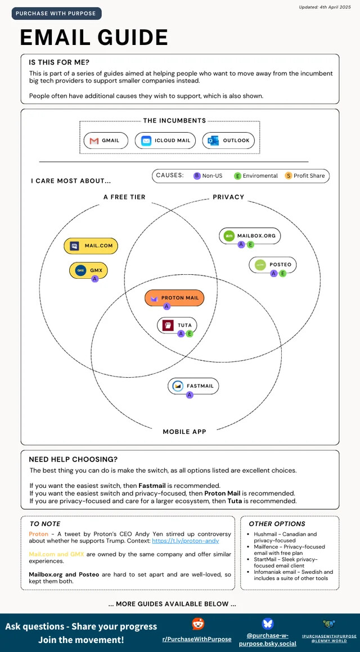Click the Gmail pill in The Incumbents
[x=106, y=141]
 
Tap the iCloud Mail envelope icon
[x=146, y=141]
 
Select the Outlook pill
[x=228, y=141]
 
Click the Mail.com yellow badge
[x=91, y=246]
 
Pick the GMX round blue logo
[x=80, y=270]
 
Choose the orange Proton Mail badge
[x=174, y=298]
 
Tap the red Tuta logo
[x=167, y=325]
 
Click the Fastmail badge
[x=193, y=386]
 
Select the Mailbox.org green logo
[x=229, y=236]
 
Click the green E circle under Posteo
[x=282, y=273]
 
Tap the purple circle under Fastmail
[x=190, y=395]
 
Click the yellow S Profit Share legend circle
[x=288, y=176]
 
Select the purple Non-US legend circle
[x=197, y=176]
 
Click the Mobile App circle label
[x=184, y=432]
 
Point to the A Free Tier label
[x=124, y=197]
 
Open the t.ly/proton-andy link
[x=186, y=541]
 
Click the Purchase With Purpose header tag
[x=56, y=13]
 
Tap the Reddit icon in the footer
[x=198, y=624]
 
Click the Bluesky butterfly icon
[x=268, y=624]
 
